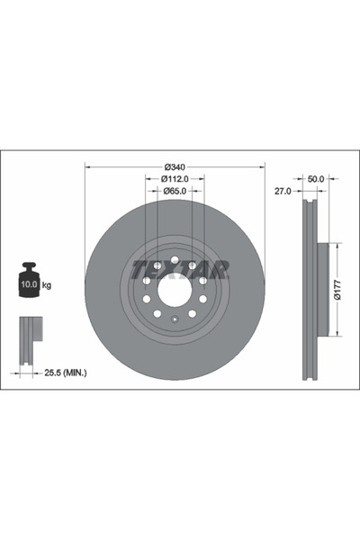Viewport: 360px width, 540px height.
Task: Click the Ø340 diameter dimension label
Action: pos(175,166)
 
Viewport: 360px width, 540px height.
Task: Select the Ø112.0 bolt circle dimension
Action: pos(175,178)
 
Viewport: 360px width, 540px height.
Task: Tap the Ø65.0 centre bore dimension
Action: pos(175,190)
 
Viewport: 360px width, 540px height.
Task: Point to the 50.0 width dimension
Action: pos(315,179)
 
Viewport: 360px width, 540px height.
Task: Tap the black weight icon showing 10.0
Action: pos(29,280)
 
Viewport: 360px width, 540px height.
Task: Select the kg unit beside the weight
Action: pos(47,284)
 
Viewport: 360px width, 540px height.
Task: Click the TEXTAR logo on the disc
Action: pos(180,268)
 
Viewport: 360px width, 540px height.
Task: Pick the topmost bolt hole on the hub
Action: pos(175,259)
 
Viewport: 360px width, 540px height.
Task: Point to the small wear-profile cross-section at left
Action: pos(30,332)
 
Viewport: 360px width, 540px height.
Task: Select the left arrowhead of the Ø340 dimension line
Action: pos(87,166)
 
